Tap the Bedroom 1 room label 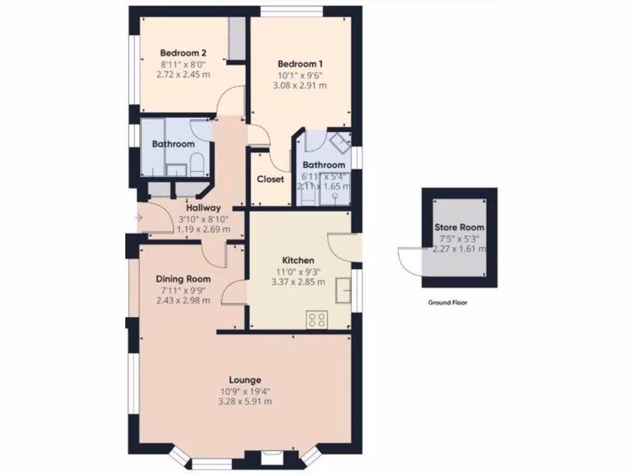point(299,64)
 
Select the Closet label point(270,179)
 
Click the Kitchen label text point(298,260)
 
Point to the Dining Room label point(183,279)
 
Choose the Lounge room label point(245,380)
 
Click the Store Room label point(459,227)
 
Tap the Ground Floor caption point(447,303)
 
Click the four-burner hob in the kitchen point(317,319)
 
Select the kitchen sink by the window point(343,289)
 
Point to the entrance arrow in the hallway point(139,217)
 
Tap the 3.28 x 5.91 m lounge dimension point(245,402)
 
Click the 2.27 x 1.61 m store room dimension point(459,249)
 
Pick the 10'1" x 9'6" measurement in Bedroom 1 point(299,75)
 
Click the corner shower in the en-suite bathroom point(338,143)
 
